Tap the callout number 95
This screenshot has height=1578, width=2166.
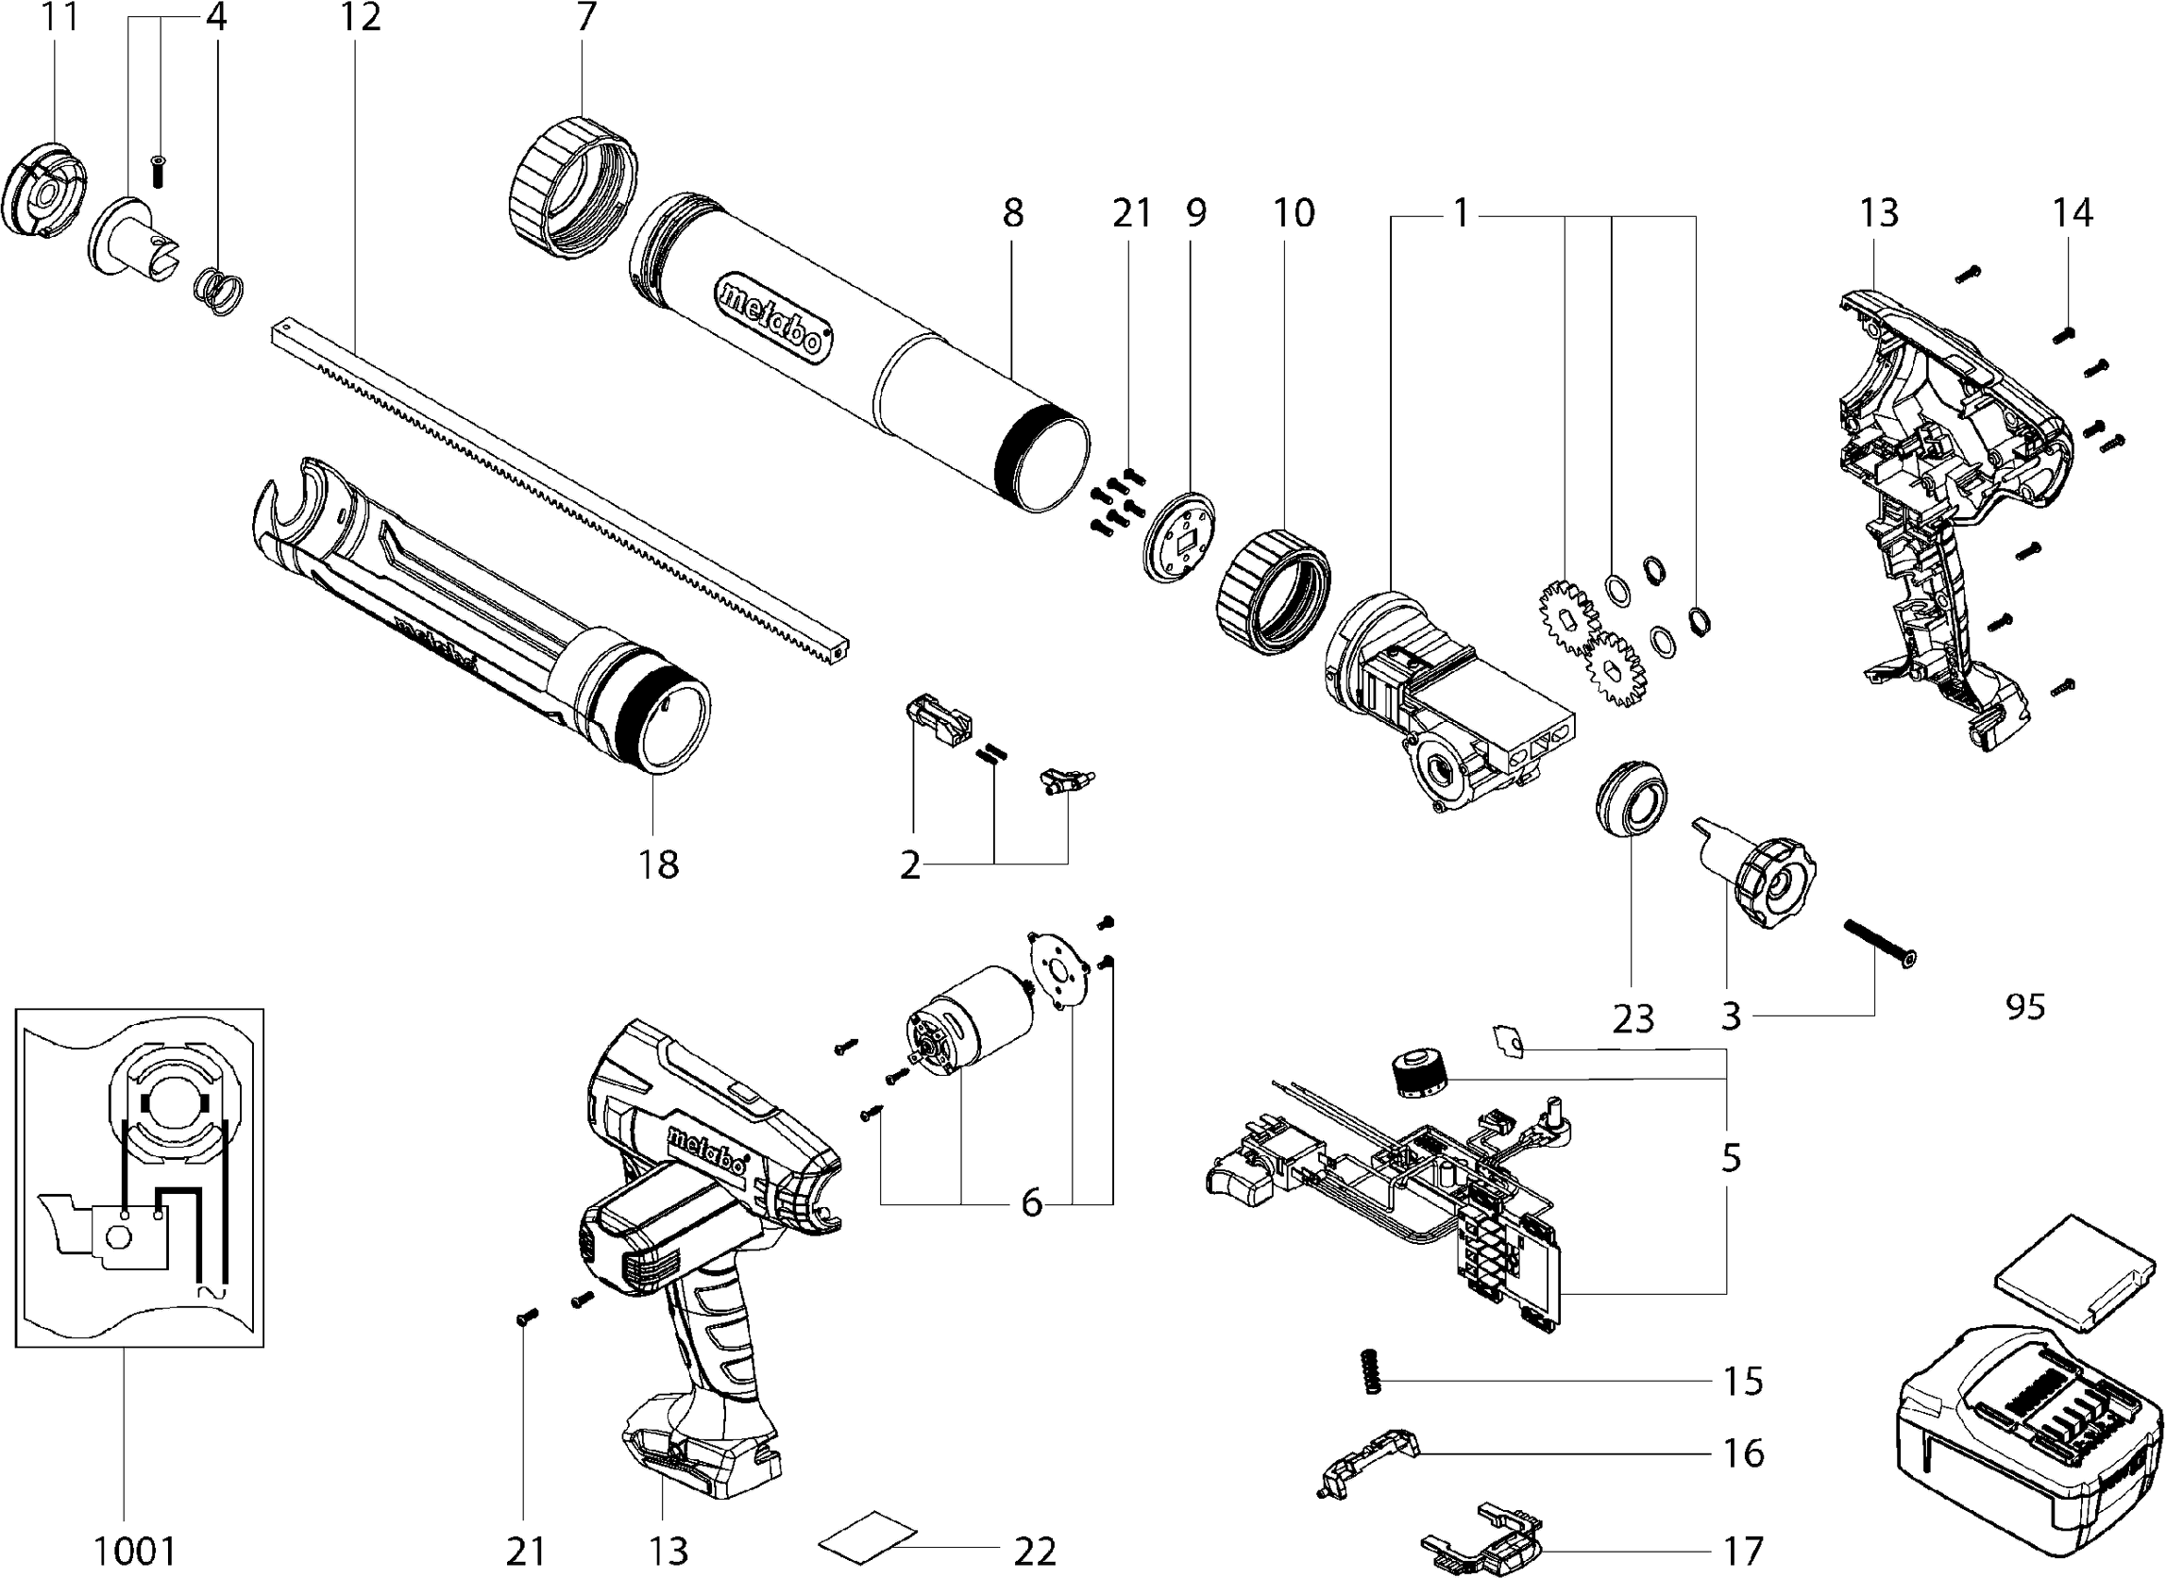tap(2024, 1007)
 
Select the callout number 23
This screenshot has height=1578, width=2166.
tap(1633, 1019)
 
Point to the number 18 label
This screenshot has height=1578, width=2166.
tap(658, 865)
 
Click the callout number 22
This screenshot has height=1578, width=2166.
tap(1035, 1552)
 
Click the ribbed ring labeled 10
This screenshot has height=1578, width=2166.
tap(1274, 593)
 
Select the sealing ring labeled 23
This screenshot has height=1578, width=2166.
tap(1633, 800)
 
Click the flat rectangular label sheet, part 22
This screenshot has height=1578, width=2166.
tap(868, 1536)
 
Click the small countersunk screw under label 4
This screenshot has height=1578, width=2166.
tap(160, 171)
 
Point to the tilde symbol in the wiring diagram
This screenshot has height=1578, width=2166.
tap(212, 1292)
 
